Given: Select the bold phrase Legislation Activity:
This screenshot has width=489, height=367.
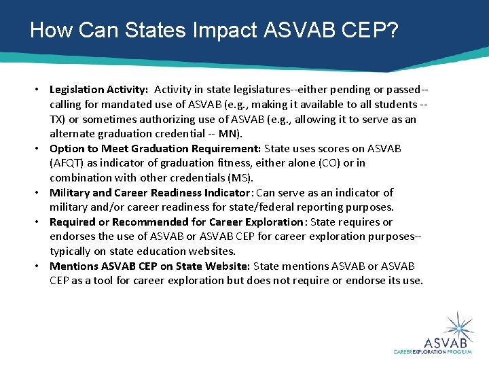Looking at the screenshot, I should tap(98, 90).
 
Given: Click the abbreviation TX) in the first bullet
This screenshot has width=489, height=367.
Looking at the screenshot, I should tap(58, 119).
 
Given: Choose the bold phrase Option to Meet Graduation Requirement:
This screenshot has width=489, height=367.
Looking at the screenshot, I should tap(155, 148).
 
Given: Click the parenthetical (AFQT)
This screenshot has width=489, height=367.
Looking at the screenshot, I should tap(67, 163).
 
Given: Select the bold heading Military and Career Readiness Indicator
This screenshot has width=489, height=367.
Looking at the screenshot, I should tap(149, 193).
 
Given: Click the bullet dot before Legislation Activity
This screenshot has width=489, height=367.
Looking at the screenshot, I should tap(40, 90).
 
